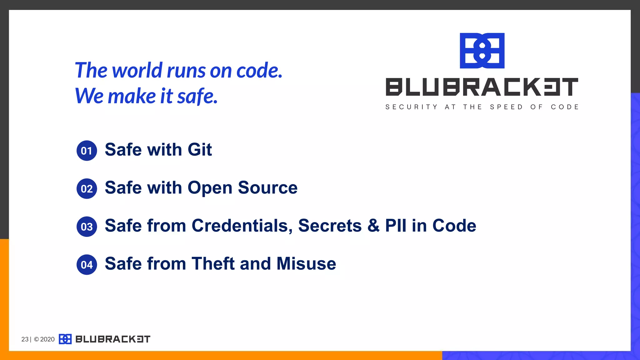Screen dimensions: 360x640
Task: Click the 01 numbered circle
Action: coord(87,151)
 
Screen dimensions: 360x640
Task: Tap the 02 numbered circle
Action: coord(87,189)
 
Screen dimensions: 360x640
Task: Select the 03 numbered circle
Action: coord(87,227)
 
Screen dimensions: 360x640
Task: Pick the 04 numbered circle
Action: coord(87,265)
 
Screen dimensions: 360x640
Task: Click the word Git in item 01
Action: coord(200,150)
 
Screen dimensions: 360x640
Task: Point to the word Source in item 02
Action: coord(267,188)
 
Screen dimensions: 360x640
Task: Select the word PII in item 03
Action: coord(395,226)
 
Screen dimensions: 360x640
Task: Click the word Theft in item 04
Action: coord(213,264)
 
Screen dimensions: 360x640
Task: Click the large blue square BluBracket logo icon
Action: coord(482,51)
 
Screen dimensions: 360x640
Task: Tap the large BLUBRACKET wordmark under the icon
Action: coord(482,87)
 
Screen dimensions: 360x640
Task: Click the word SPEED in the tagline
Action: coord(506,107)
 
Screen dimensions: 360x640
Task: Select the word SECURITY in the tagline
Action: coord(411,107)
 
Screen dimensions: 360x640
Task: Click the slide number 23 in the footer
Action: coord(25,339)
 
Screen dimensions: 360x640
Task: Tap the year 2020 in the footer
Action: coord(47,339)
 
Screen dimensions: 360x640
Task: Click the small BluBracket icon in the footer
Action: coord(65,339)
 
